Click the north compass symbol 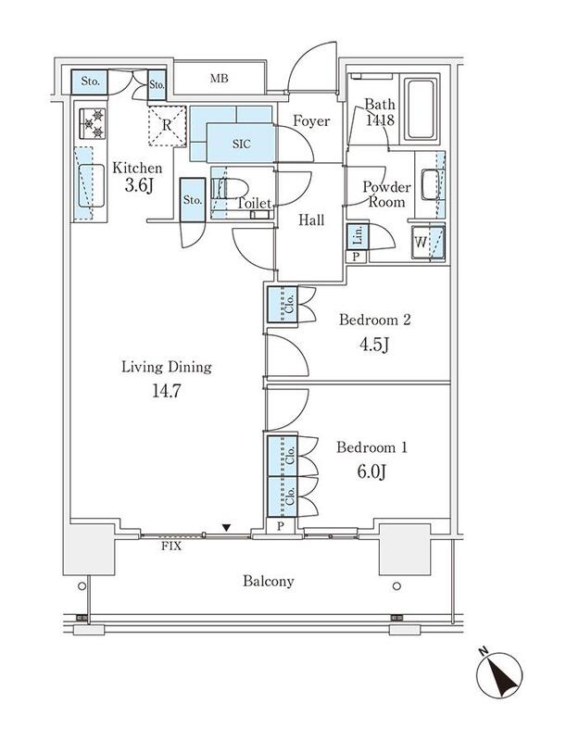pos(499,674)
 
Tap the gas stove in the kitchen pos(93,124)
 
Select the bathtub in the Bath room pos(421,109)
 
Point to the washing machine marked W pos(428,243)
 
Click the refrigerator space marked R pos(167,126)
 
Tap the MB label pos(220,79)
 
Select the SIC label pos(242,144)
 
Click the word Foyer pos(311,121)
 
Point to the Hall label pos(311,220)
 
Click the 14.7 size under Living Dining pos(167,391)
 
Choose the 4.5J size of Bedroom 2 pos(374,344)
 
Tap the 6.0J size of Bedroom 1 pos(371,471)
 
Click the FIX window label pos(171,546)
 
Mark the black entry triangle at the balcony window pos(227,527)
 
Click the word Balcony pos(268,581)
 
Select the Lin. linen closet pos(358,236)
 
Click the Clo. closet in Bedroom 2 pos(283,305)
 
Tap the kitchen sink pos(91,185)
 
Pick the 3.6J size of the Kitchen pos(138,185)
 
